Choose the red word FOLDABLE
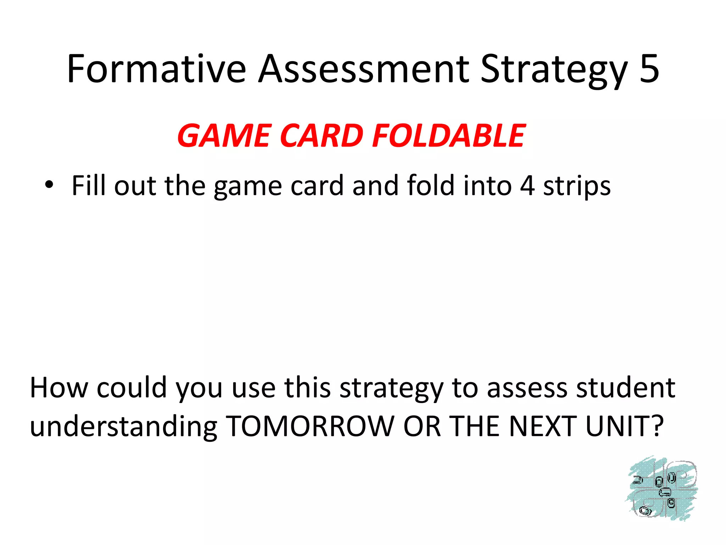449,136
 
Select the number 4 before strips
527,186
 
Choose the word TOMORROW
310,426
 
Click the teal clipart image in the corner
661,489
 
